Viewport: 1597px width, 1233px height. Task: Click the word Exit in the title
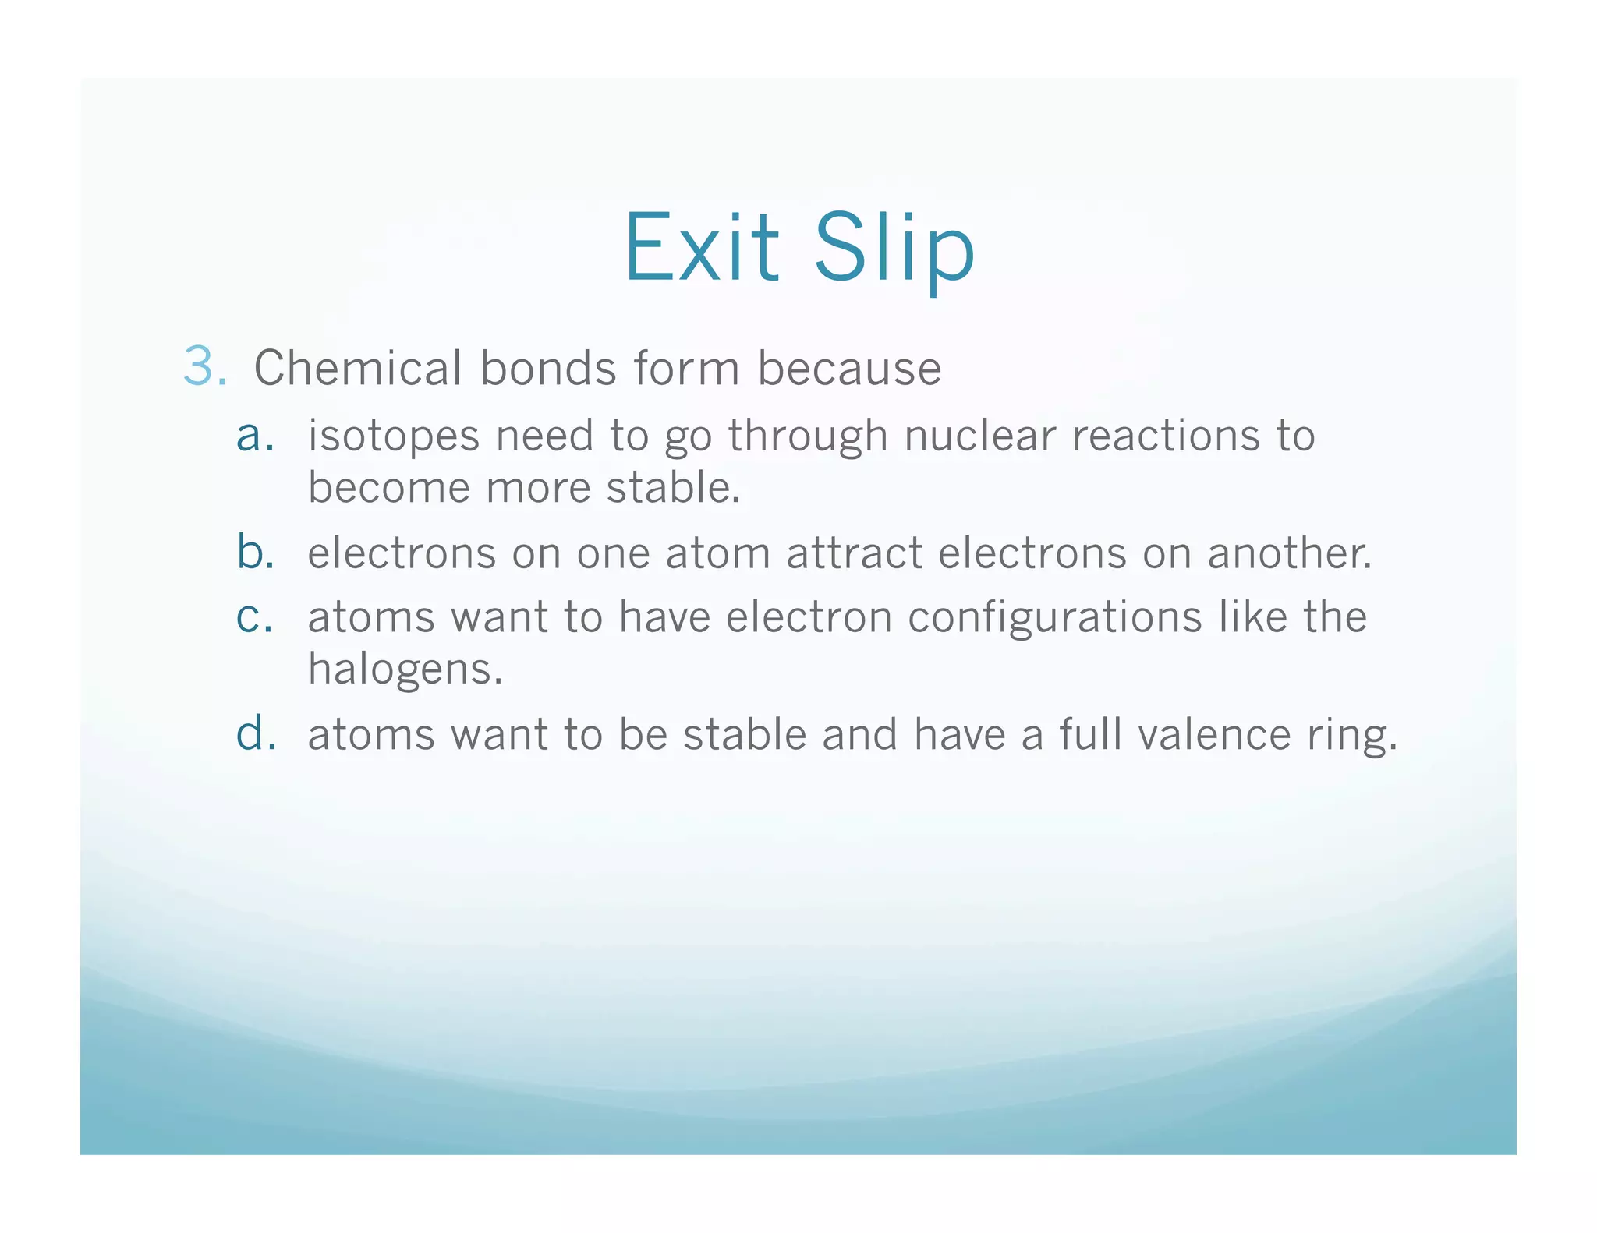(x=702, y=247)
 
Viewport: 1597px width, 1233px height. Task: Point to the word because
(x=849, y=369)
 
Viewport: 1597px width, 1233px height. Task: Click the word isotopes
(x=393, y=436)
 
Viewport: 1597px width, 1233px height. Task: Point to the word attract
(x=854, y=553)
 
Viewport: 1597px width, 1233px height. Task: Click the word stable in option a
(x=672, y=488)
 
